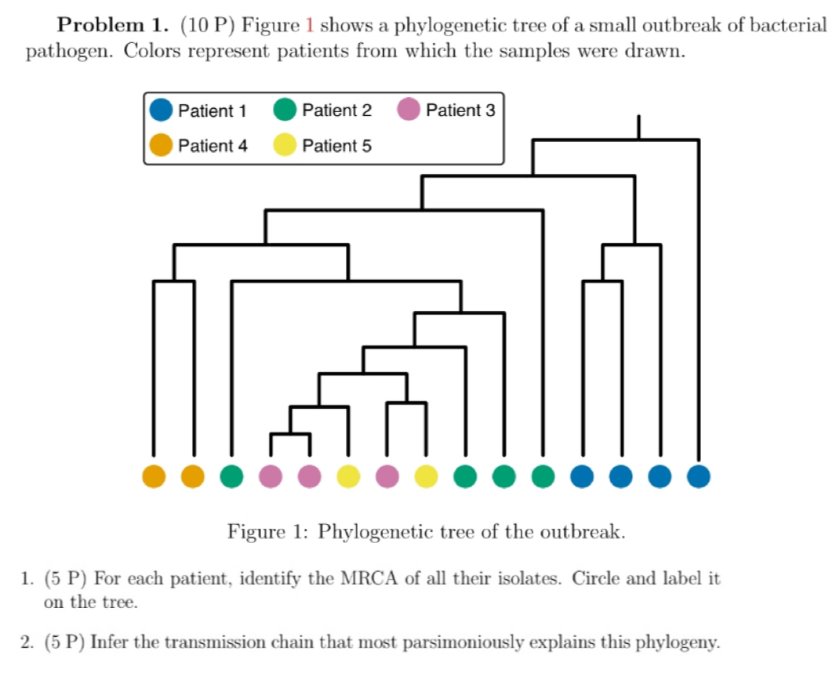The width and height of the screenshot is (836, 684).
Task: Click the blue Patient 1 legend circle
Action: [161, 110]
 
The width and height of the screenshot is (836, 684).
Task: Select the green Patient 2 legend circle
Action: [285, 109]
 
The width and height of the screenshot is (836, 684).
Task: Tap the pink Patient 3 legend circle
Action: [409, 109]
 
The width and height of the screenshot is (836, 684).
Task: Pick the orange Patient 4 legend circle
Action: [161, 144]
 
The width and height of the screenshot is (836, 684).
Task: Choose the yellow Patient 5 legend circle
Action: [285, 144]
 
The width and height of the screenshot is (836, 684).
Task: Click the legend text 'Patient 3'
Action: [460, 110]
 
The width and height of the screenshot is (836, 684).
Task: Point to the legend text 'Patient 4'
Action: [213, 146]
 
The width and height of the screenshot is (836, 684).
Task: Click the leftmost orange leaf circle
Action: [154, 476]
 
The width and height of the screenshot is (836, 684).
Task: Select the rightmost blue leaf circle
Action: [699, 476]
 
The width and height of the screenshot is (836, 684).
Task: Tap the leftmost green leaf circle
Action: [231, 476]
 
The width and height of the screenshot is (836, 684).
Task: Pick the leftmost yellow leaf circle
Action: [348, 476]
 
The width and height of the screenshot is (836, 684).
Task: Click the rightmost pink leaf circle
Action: [387, 476]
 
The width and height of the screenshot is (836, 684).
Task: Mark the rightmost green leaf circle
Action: [543, 476]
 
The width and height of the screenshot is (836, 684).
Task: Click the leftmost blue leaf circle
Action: [582, 476]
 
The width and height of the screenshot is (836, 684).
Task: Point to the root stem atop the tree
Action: [638, 127]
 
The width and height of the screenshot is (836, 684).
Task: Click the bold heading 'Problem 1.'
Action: [113, 25]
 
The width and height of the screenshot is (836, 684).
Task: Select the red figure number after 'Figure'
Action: [309, 25]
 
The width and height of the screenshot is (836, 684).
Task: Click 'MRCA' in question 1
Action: [369, 578]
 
